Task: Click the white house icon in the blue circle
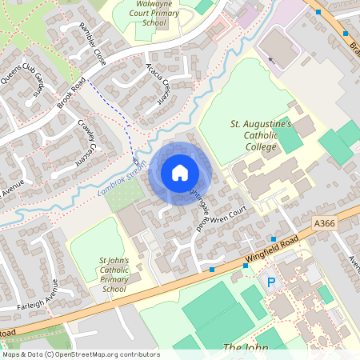(179, 172)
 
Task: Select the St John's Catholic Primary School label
(114, 274)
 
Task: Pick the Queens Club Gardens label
(34, 82)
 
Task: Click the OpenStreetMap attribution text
(80, 354)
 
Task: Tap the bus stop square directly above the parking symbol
(274, 239)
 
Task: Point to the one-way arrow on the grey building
(270, 59)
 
